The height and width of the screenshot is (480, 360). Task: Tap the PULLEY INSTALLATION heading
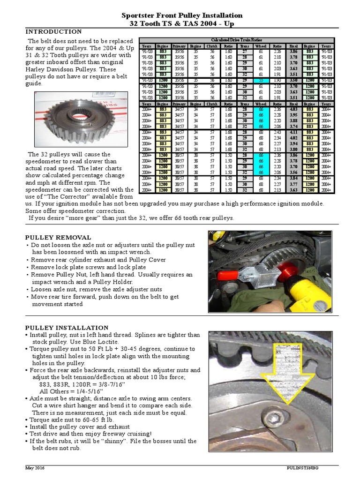(67, 328)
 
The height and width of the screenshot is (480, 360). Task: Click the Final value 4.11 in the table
(293, 133)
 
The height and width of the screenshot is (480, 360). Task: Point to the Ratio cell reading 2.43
(277, 133)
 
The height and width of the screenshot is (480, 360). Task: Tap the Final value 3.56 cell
(293, 172)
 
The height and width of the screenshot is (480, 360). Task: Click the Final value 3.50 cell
(293, 81)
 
